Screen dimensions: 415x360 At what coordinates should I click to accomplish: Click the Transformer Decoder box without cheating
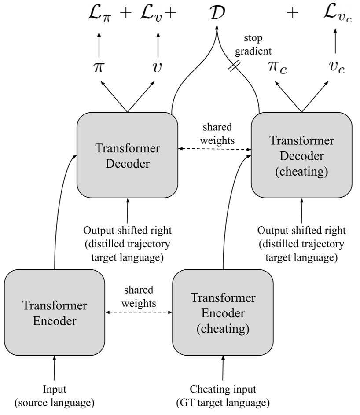(127, 155)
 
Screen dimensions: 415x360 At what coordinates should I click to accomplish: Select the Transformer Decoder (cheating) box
(301, 155)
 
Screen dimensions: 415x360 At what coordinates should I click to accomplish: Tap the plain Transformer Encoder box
(55, 312)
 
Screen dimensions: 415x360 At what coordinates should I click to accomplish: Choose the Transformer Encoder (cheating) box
(223, 312)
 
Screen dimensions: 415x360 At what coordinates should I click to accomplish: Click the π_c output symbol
(277, 68)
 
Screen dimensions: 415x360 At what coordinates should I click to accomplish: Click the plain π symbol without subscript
(98, 67)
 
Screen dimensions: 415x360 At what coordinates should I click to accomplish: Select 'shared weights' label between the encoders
(139, 296)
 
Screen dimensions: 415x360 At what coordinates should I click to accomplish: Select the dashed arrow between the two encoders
(139, 312)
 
